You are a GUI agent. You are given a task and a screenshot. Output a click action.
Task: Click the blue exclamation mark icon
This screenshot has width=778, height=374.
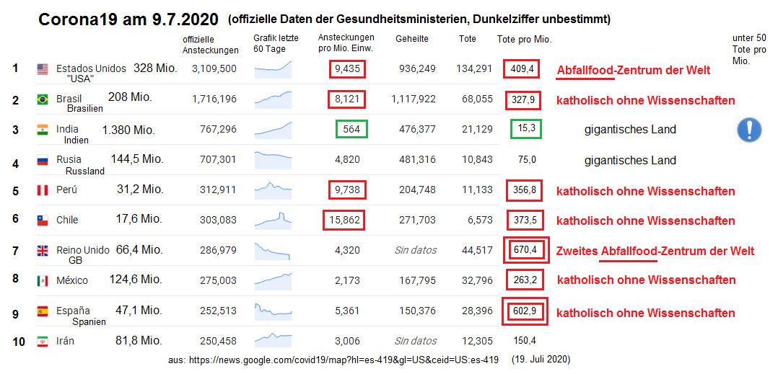[749, 130]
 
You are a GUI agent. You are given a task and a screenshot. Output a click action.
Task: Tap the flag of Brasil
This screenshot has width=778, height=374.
[43, 99]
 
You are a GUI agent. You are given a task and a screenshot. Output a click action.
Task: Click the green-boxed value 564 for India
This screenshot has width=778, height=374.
[351, 130]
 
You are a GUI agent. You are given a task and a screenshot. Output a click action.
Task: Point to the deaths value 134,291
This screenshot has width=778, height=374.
[474, 69]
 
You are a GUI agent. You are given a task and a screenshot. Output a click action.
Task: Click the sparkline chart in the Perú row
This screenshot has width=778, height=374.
[274, 190]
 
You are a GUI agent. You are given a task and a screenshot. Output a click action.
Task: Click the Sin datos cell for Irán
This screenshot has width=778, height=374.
[415, 341]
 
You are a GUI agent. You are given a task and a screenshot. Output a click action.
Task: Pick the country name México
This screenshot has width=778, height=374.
[72, 280]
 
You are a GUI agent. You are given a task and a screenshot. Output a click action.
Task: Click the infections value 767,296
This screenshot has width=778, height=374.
[214, 130]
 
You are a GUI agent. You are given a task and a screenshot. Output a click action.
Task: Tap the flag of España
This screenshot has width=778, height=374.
[43, 311]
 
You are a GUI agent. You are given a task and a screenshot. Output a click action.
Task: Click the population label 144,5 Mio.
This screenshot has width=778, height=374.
[137, 159]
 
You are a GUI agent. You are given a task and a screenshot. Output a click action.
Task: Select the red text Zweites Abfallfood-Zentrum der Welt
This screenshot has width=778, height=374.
[655, 251]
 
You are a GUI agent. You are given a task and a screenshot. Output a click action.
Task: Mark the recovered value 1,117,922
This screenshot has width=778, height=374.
[414, 99]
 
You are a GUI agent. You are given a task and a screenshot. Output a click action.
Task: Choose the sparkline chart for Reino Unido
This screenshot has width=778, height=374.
[274, 250]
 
